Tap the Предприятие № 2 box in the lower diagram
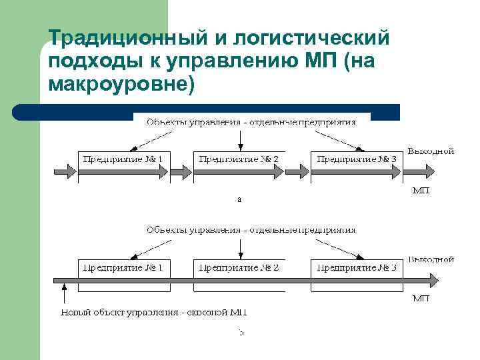[x=239, y=268]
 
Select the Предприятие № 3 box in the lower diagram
[x=357, y=268]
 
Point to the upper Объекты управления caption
[x=251, y=122]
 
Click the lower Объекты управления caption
[x=251, y=229]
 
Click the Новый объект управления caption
[x=154, y=312]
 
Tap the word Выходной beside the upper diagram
[x=431, y=151]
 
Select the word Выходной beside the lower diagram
[x=431, y=259]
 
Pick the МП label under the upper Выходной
[x=420, y=191]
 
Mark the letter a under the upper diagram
[x=239, y=199]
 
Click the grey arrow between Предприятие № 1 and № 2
[x=180, y=172]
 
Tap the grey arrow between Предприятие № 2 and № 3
[x=297, y=172]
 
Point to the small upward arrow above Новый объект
[x=64, y=294]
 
